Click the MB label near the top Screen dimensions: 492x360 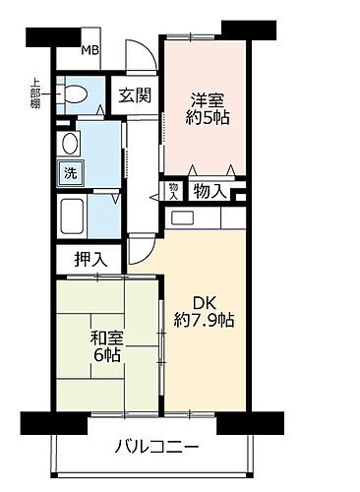tap(89, 51)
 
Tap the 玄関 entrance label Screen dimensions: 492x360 tap(134, 95)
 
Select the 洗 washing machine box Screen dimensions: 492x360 tap(71, 172)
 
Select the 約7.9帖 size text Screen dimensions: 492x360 tap(205, 321)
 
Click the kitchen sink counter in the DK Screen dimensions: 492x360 tap(203, 218)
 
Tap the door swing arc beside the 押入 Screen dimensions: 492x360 tap(139, 254)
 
